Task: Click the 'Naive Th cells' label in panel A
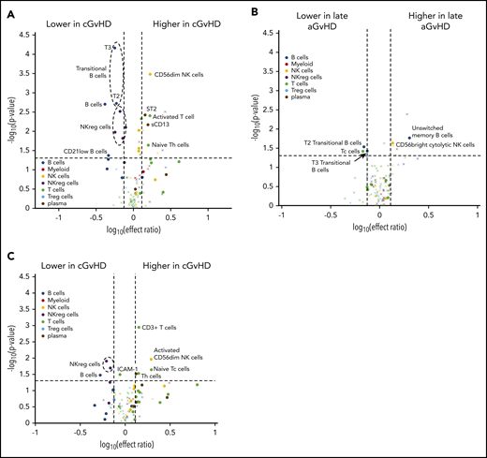(x=171, y=144)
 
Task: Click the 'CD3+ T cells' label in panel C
(x=161, y=327)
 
